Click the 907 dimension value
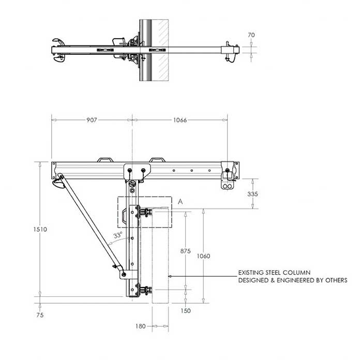[x=91, y=120]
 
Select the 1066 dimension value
[x=179, y=120]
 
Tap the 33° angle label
[x=118, y=235]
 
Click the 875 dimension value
[x=186, y=251]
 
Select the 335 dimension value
[x=252, y=194]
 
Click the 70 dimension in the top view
[x=252, y=35]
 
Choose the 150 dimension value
[x=186, y=311]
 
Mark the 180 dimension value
[x=139, y=326]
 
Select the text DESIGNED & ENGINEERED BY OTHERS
[x=292, y=280]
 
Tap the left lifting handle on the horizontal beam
[x=107, y=159]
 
